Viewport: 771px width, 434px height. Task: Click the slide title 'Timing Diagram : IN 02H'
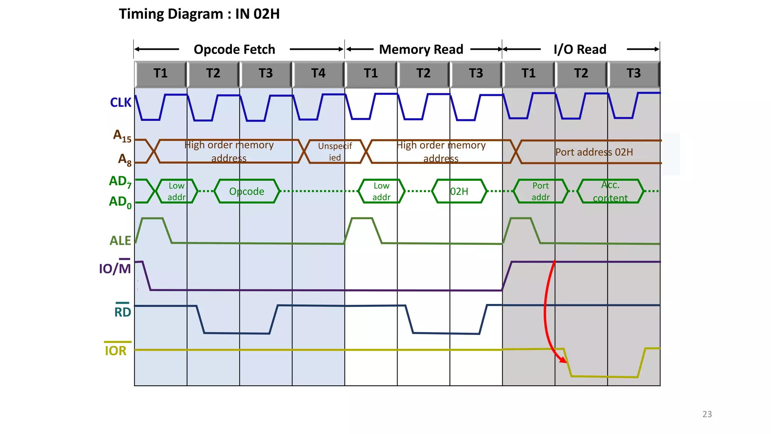pos(199,14)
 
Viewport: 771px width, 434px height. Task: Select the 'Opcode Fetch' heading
pos(234,49)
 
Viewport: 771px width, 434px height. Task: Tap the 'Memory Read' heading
pos(421,49)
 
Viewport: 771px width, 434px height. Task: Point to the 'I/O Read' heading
pos(580,49)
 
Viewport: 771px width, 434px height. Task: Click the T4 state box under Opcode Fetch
pos(318,73)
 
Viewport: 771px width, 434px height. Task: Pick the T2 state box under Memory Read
pos(423,73)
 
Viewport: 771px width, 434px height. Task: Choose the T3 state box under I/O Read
pos(633,73)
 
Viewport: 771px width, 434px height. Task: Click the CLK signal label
pos(120,102)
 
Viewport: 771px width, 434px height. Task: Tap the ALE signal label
pos(120,240)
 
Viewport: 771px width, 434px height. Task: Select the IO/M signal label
pos(115,268)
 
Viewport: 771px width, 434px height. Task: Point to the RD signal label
pos(122,312)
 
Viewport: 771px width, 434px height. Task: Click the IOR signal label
pos(116,350)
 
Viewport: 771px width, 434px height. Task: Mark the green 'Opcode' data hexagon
pos(247,191)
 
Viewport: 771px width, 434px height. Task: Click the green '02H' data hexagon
pos(459,191)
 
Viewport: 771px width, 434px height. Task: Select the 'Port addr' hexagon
pos(540,191)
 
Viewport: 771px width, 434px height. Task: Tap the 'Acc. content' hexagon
pos(610,191)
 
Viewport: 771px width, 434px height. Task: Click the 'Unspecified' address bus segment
pos(335,151)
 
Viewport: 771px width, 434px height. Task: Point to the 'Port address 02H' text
pos(594,152)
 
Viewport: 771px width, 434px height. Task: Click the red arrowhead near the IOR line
pos(562,360)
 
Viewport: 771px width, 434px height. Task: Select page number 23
pos(707,414)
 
